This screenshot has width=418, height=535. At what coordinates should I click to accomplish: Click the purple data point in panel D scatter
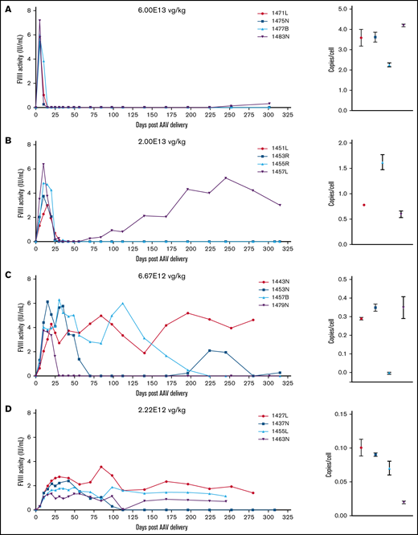point(403,502)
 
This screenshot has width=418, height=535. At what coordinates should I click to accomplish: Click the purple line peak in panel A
point(39,20)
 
